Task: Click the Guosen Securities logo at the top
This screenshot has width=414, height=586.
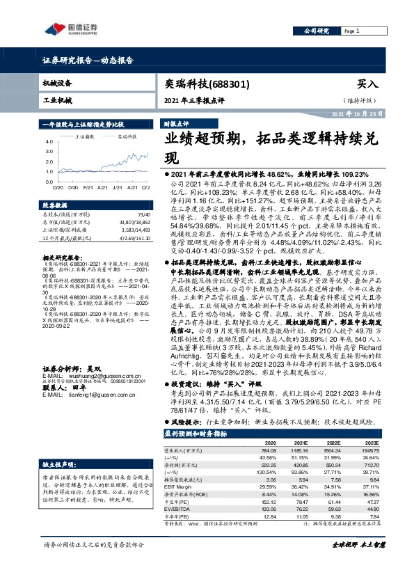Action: click(x=72, y=29)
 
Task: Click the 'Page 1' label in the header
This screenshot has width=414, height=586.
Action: click(x=352, y=31)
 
